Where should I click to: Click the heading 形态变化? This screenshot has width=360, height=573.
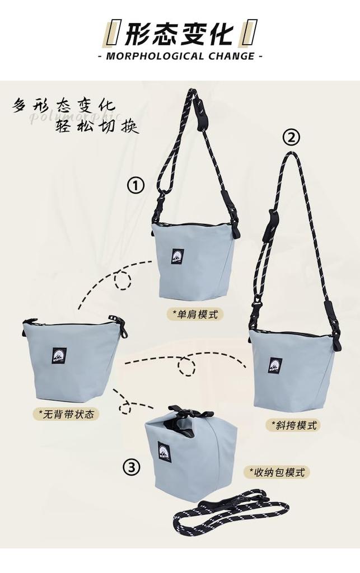[179, 34]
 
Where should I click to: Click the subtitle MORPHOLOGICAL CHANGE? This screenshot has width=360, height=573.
[180, 57]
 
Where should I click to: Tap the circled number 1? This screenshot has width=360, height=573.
[135, 185]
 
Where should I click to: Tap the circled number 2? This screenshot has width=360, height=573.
[291, 137]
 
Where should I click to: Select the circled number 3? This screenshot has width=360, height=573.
[132, 467]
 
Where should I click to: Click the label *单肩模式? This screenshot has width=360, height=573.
[195, 314]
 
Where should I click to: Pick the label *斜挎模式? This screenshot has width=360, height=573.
[292, 425]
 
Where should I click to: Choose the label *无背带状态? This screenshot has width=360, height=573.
[66, 414]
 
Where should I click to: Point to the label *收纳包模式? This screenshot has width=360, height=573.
[277, 472]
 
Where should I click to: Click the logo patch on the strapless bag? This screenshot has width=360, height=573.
[59, 355]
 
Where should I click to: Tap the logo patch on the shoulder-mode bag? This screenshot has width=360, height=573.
[177, 256]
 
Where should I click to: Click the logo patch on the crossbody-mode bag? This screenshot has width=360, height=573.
[275, 365]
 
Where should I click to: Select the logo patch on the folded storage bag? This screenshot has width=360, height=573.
[164, 451]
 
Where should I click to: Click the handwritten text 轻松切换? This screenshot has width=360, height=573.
[96, 126]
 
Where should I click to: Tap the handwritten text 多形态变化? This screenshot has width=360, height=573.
[64, 105]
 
